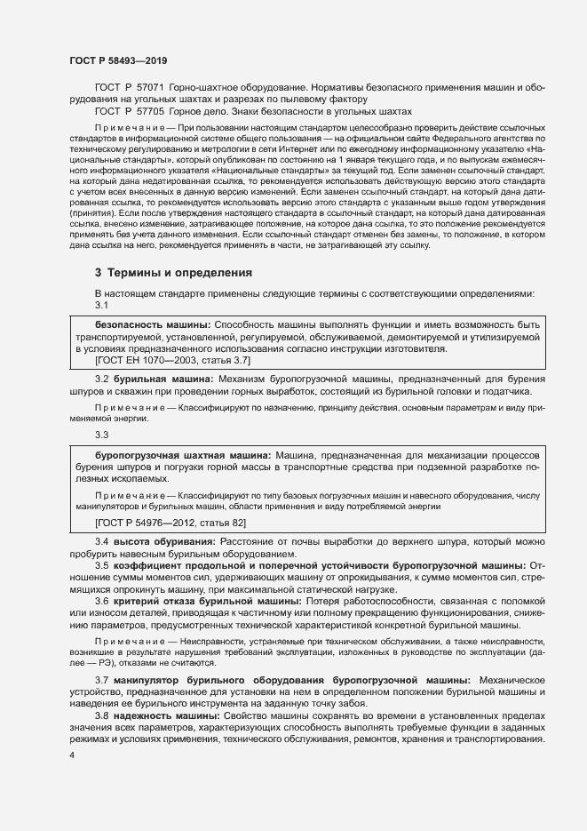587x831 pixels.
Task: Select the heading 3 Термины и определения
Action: pos(174,271)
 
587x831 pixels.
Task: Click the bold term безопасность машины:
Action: pos(153,326)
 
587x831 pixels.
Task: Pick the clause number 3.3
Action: pos(102,435)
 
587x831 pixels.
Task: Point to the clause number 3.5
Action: pos(102,564)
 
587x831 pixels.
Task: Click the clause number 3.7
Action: pos(102,680)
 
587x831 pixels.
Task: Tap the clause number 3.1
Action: pos(102,305)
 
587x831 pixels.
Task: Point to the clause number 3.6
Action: pos(102,602)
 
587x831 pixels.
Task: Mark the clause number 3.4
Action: pos(102,541)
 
